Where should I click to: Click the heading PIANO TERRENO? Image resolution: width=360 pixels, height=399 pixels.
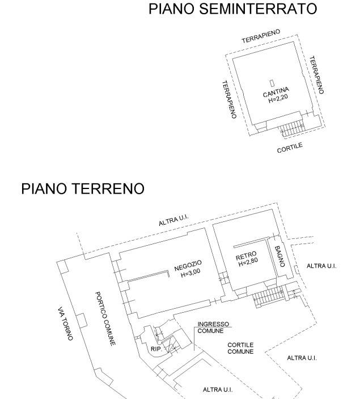pyautogui.click(x=83, y=189)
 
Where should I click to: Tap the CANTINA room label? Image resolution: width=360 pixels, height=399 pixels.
pyautogui.click(x=276, y=91)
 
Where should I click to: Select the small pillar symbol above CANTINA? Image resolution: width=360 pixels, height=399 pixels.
pyautogui.click(x=272, y=82)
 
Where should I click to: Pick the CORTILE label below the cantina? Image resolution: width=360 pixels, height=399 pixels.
pyautogui.click(x=290, y=148)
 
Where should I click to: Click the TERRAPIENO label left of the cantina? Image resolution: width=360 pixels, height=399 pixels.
pyautogui.click(x=229, y=99)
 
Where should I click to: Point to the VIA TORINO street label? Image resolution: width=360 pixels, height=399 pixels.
pyautogui.click(x=66, y=323)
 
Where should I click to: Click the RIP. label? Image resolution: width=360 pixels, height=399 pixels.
pyautogui.click(x=157, y=349)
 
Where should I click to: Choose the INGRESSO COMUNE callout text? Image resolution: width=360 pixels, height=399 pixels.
pyautogui.click(x=210, y=327)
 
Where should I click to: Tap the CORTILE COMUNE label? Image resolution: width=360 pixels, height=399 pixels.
pyautogui.click(x=240, y=348)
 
